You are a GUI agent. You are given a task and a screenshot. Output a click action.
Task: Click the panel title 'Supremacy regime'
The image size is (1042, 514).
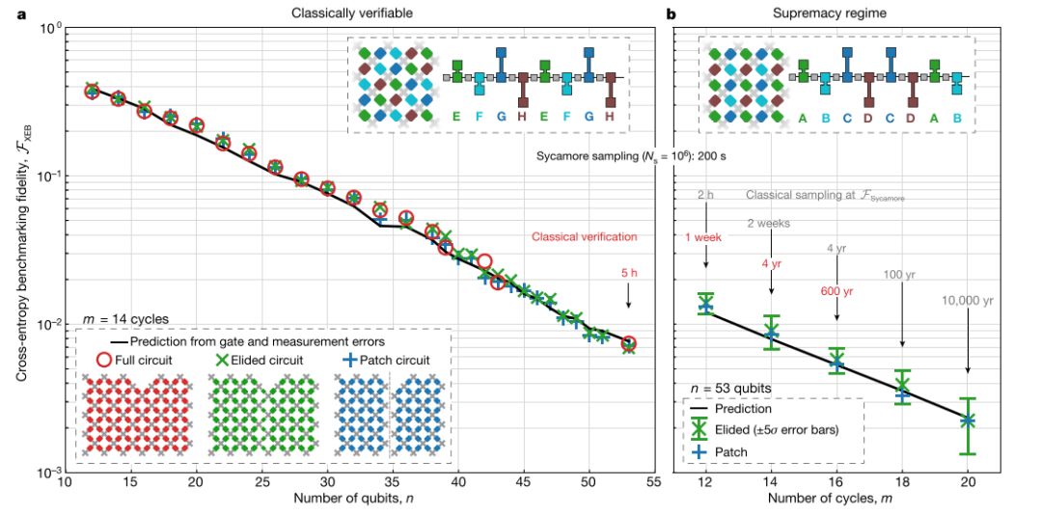click(837, 12)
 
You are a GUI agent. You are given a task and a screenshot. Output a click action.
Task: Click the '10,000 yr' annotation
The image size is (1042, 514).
click(968, 301)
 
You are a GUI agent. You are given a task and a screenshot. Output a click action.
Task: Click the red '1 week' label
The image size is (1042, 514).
click(706, 236)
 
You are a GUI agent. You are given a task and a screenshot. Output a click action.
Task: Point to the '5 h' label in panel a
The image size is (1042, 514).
click(628, 273)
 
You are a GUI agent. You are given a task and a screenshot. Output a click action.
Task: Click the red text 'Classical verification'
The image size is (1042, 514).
click(584, 236)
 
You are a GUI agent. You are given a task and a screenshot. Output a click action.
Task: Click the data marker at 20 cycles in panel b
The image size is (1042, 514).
click(968, 420)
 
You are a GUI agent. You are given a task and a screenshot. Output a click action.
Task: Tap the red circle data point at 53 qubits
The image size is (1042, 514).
click(628, 344)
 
